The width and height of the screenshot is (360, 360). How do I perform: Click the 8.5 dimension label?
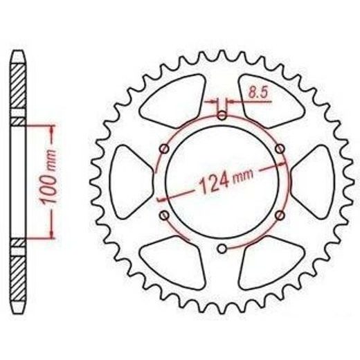coord(258,93)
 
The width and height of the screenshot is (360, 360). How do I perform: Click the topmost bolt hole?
coord(222,116)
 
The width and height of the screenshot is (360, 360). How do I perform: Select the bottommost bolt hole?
coord(222,249)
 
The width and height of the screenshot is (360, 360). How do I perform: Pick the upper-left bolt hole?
coord(164,149)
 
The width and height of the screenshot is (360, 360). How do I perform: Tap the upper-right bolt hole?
coord(280,149)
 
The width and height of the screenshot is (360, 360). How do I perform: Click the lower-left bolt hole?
coord(164,215)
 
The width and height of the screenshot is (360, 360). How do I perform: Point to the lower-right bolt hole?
coord(280,215)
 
